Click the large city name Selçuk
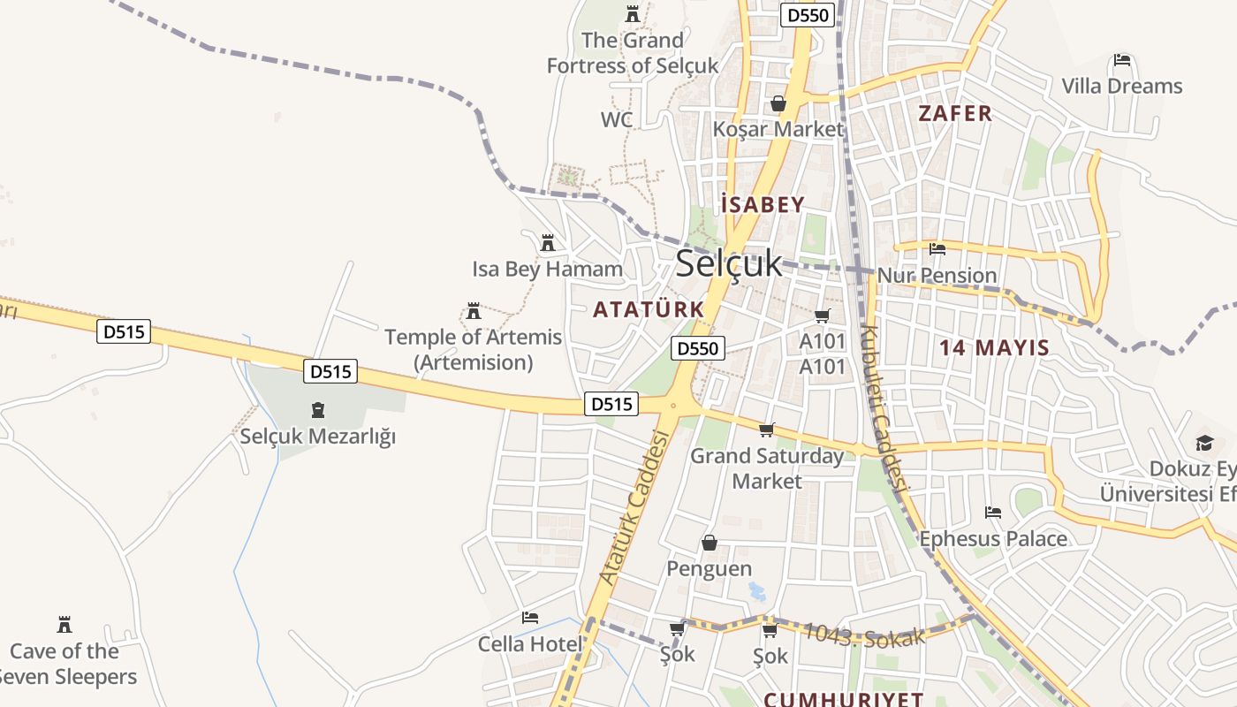click(729, 263)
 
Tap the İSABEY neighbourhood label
click(763, 205)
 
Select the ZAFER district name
click(955, 113)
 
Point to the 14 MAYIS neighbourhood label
click(994, 347)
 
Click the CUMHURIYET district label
click(843, 699)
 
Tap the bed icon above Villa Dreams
click(1122, 61)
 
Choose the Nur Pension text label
click(937, 276)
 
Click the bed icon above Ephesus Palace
click(993, 513)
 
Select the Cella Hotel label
click(530, 644)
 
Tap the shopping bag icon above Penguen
click(709, 543)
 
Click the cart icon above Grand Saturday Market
click(766, 430)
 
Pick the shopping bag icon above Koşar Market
click(778, 104)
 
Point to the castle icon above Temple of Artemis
click(474, 311)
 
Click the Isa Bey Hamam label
click(547, 269)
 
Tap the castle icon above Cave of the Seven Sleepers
click(64, 625)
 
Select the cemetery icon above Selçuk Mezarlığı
click(317, 410)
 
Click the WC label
click(617, 119)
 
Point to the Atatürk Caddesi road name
click(634, 507)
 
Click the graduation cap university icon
click(1204, 443)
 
